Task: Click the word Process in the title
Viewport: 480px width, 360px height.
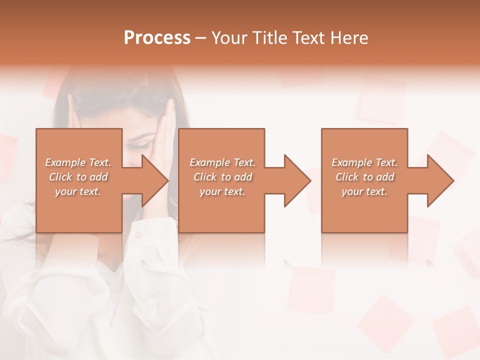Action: point(157,38)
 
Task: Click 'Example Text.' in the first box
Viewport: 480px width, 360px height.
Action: point(78,162)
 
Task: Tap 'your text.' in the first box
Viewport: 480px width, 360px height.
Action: point(78,191)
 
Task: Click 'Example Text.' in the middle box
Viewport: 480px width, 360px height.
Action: point(222,162)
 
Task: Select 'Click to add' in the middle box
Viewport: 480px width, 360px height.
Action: point(222,177)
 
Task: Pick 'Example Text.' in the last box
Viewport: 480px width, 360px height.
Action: point(364,162)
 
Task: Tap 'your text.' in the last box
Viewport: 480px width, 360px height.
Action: point(364,191)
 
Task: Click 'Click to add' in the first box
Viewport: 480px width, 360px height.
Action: point(78,177)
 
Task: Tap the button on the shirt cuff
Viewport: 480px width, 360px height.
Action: point(137,234)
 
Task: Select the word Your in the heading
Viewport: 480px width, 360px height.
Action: point(230,38)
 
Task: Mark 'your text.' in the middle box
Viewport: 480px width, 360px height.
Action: point(222,191)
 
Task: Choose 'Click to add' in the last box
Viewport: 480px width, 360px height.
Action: point(364,177)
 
